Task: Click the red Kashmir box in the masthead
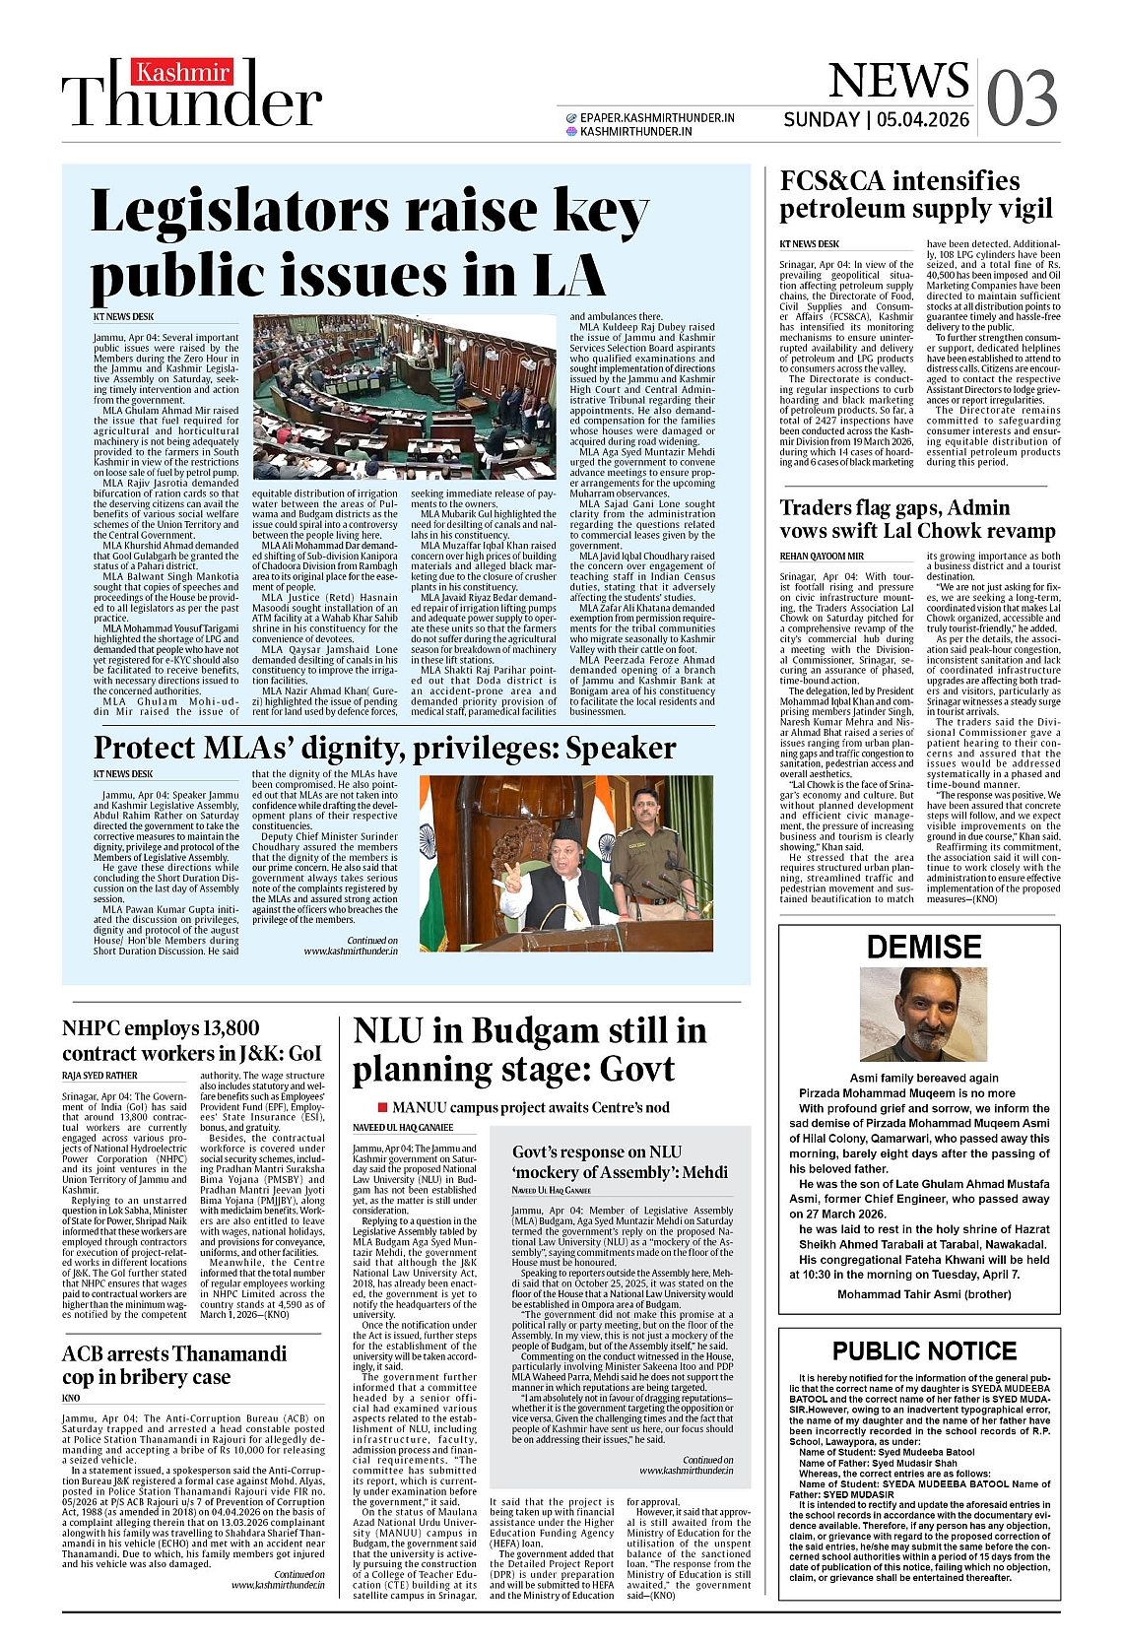[x=184, y=73]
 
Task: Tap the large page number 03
[x=1022, y=99]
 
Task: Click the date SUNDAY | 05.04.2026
[x=876, y=120]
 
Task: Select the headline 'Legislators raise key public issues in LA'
[x=369, y=242]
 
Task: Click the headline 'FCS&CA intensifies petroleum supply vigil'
[x=915, y=194]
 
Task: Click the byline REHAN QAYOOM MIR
[x=821, y=557]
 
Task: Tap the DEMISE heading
[x=923, y=948]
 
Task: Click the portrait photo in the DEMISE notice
[x=922, y=1016]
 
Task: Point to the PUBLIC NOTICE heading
[x=923, y=1350]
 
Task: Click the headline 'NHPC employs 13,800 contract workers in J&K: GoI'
[x=191, y=1040]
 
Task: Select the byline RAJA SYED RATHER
[x=99, y=1076]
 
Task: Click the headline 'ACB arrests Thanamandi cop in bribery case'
[x=173, y=1364]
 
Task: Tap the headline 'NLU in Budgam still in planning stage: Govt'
[x=529, y=1050]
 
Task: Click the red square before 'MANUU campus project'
[x=383, y=1108]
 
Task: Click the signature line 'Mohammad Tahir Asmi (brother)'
[x=923, y=1294]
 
